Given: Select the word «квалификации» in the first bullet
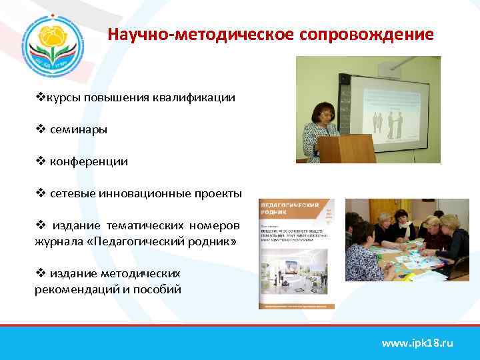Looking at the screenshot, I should (201, 98).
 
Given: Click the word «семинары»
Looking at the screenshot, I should (79, 129).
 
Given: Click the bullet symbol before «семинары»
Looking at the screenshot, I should (39, 129).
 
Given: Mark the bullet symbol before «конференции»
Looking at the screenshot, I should (39, 161).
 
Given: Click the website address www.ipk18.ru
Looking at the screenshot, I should (417, 343).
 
